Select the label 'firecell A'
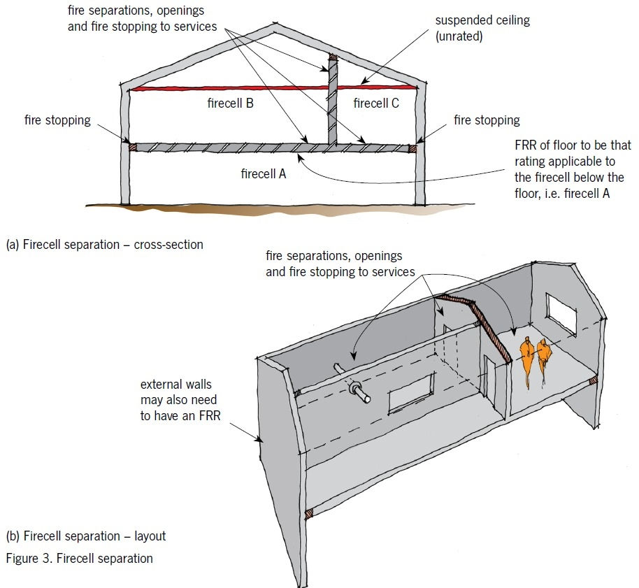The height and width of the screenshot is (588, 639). pos(258,174)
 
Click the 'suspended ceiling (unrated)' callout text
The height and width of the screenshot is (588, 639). pos(482,28)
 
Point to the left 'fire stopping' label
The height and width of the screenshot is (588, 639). pos(57,120)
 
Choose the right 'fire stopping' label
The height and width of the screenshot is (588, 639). pos(487,120)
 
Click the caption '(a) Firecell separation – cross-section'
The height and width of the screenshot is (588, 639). pos(104,245)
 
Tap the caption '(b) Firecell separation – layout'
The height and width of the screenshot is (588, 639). pos(85,536)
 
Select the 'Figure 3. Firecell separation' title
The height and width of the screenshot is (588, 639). pos(79,558)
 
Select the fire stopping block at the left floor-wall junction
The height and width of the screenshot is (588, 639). pos(130,148)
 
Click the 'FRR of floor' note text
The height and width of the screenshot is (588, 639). pos(570,169)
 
